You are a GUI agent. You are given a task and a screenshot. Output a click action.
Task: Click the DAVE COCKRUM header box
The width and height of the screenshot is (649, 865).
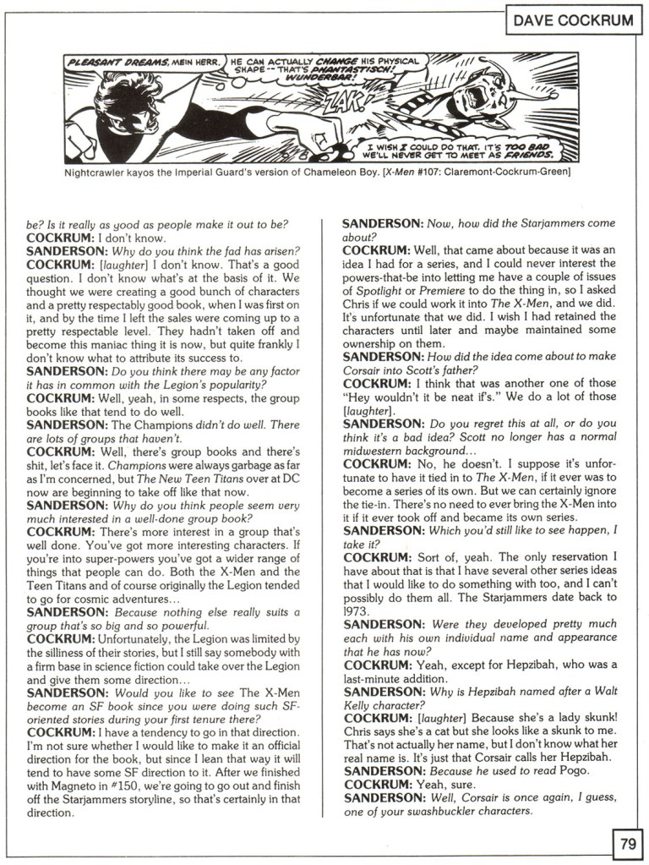point(572,20)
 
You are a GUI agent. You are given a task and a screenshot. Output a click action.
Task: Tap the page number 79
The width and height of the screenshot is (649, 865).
point(627,843)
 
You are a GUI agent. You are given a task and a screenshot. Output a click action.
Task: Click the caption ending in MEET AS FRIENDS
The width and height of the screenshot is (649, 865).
point(456,151)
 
